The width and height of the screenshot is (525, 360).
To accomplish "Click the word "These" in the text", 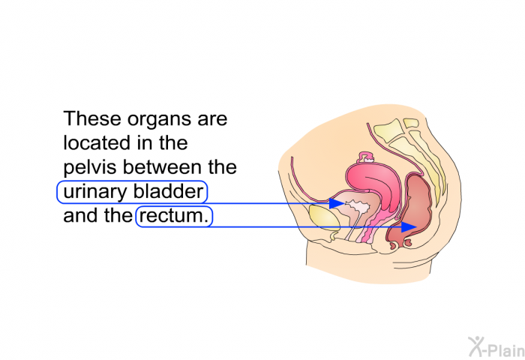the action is coord(92,118).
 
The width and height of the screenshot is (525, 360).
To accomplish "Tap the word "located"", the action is coord(94,142).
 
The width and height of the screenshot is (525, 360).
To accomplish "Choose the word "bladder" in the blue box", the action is coord(169,191).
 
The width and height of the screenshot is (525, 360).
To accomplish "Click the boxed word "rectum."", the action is coord(174,216).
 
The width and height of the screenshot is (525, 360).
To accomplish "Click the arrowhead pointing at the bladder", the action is coord(336,203).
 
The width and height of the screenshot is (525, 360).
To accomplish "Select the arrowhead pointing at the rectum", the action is coord(409,226).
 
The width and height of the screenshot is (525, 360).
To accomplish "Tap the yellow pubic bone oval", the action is coord(324,217).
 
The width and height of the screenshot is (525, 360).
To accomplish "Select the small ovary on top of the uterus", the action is coord(367,157).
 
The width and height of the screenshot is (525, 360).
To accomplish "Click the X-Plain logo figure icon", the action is coord(476,346).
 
